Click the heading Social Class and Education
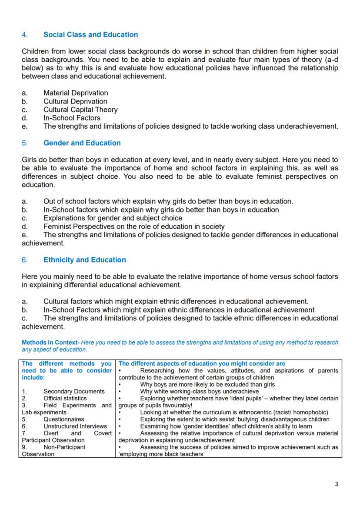[90, 35]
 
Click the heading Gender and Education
[82, 143]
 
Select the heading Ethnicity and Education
[84, 260]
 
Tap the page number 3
[336, 484]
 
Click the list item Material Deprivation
[76, 93]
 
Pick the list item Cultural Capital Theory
[80, 110]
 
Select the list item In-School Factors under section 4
[72, 118]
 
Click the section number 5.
[24, 143]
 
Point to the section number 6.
[24, 260]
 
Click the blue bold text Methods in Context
[50, 343]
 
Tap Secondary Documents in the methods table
[74, 392]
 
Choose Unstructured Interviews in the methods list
[75, 426]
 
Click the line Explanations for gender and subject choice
[113, 218]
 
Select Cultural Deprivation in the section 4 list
[75, 101]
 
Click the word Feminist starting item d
[57, 226]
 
